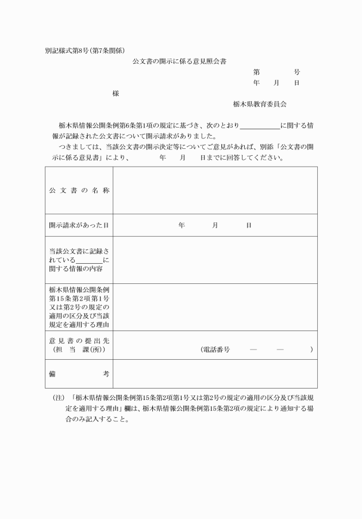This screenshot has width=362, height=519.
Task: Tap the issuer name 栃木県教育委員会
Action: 260,104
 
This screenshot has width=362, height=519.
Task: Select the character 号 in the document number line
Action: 296,72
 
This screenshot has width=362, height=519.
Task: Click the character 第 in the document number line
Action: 256,72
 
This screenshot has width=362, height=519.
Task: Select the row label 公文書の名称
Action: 79,190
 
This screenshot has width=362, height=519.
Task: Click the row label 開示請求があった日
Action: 79,225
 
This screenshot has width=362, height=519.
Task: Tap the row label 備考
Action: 79,374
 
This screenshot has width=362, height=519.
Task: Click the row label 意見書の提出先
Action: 79,340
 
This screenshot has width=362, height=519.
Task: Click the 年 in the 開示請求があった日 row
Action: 182,225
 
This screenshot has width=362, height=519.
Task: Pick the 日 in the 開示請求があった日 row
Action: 248,225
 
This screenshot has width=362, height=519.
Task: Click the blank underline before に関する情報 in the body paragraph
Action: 260,125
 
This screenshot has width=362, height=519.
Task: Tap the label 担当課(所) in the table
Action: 79,349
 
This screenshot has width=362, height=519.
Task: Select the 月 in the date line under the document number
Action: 276,83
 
